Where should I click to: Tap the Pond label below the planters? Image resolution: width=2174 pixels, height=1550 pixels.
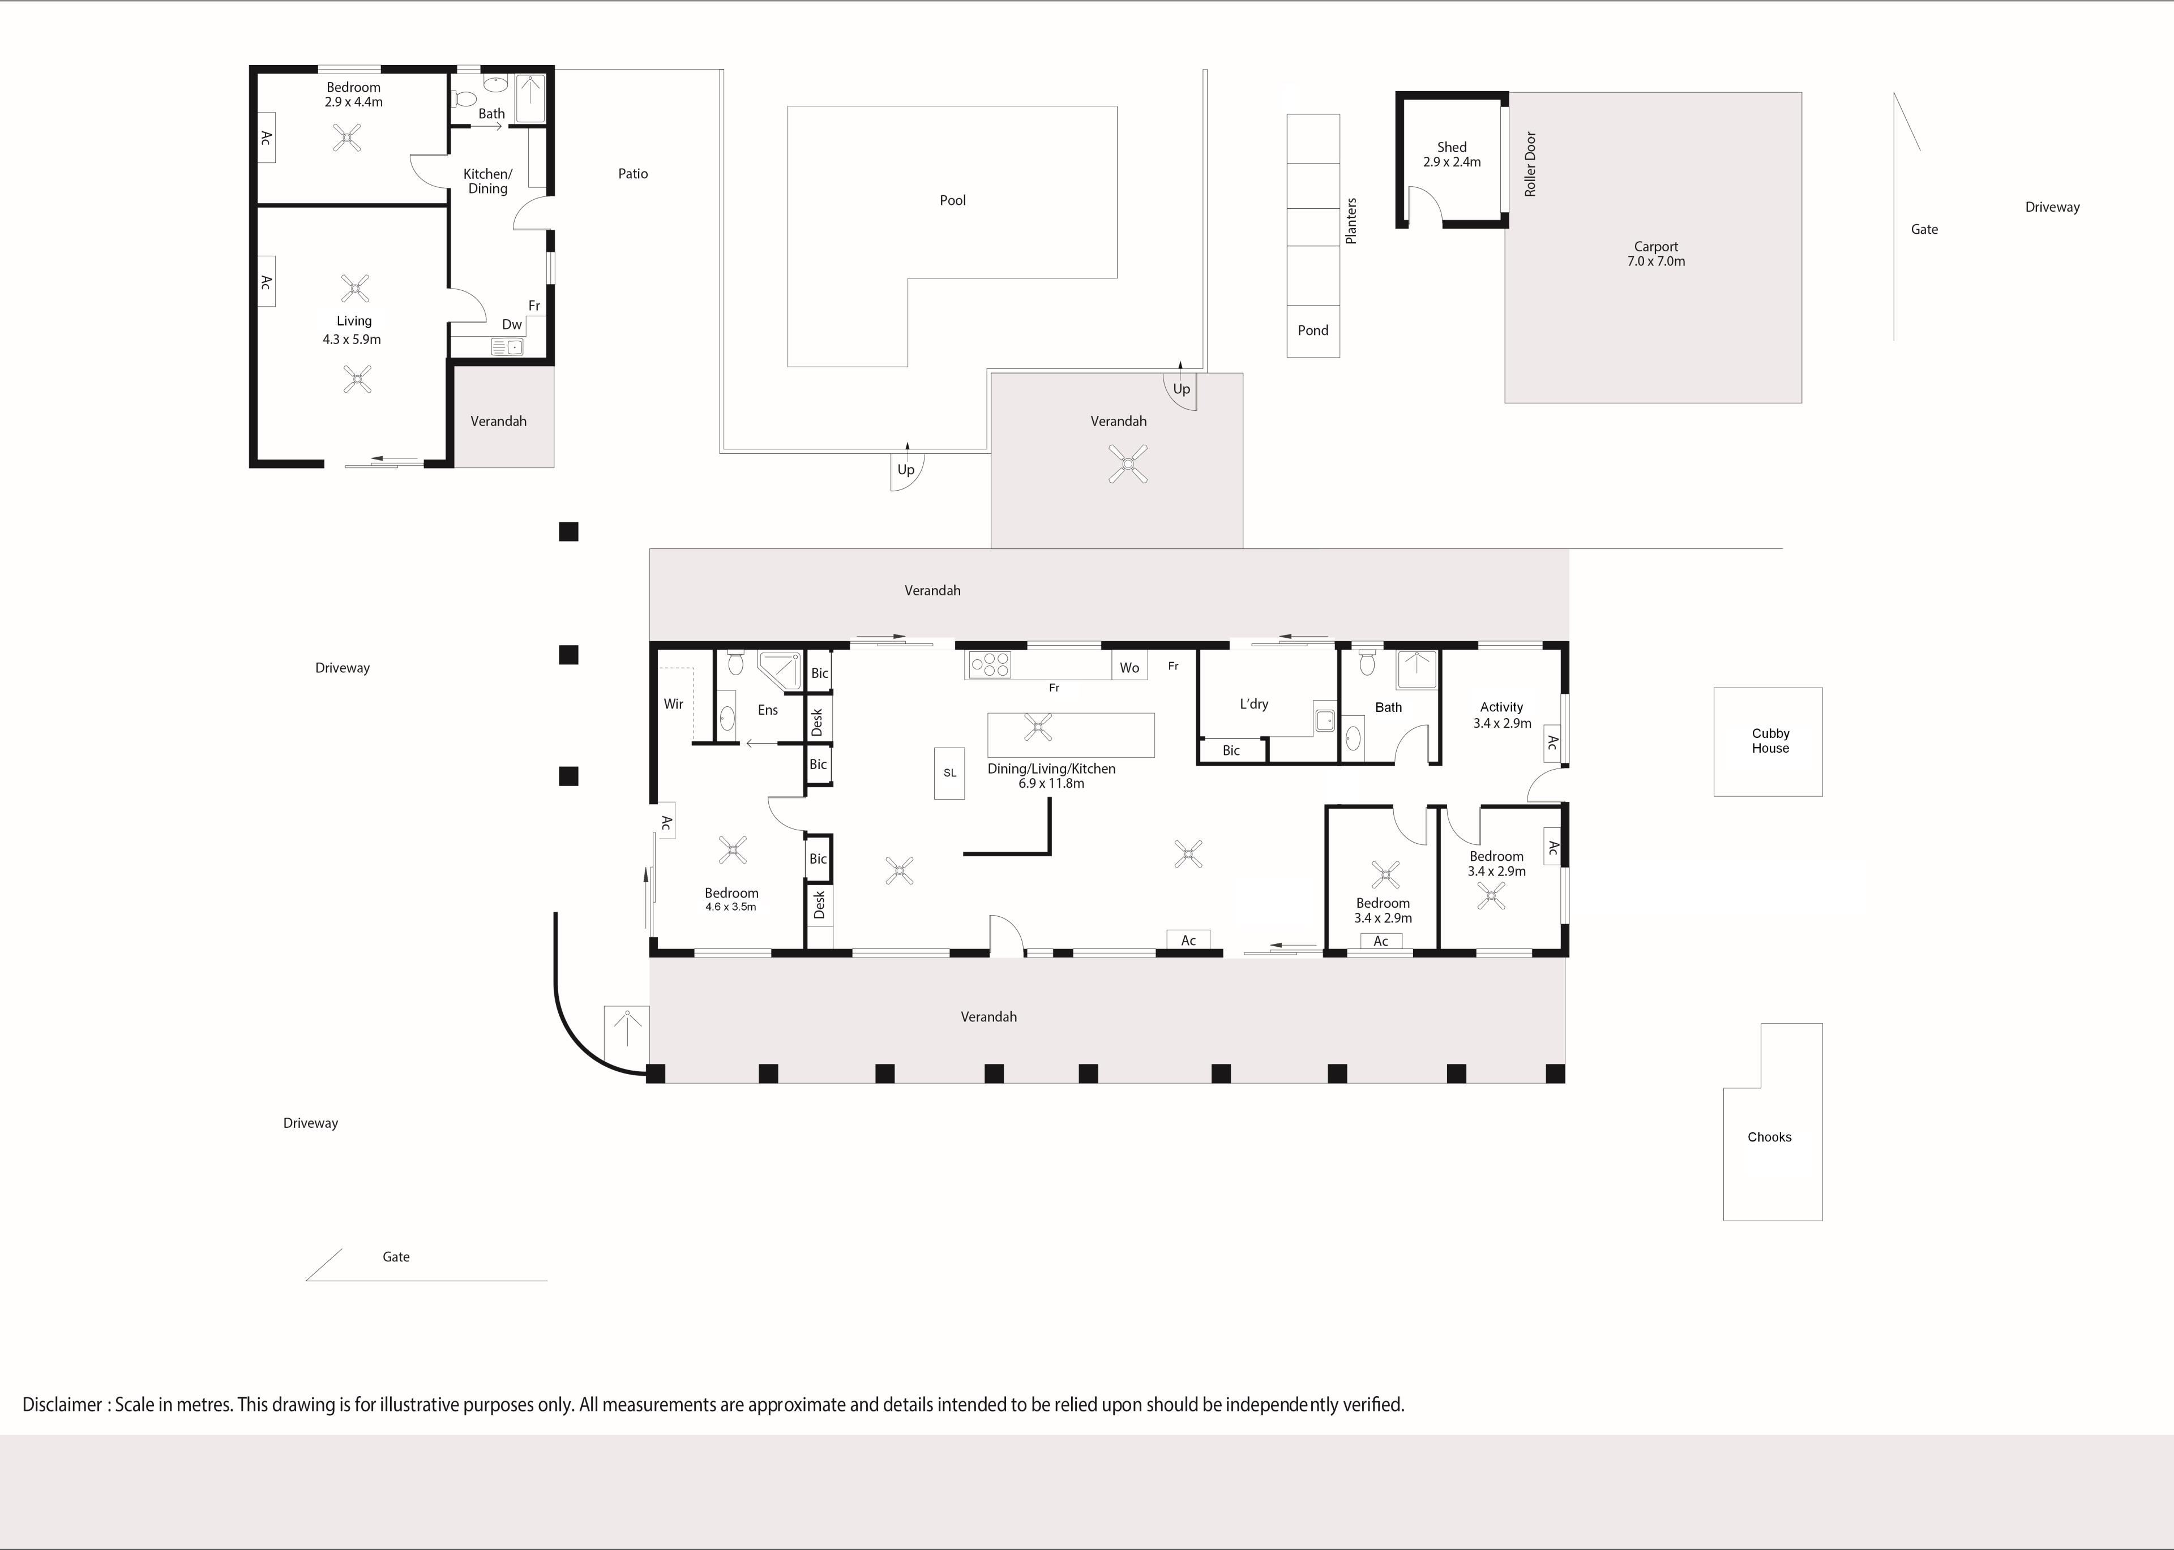(1313, 330)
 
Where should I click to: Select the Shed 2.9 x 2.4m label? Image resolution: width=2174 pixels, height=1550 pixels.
(1451, 154)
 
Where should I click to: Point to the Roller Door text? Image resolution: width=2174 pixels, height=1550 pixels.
(1530, 164)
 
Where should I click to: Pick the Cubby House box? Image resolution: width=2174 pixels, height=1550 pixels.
(1768, 741)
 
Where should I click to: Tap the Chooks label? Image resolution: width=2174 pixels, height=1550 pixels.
(1769, 1137)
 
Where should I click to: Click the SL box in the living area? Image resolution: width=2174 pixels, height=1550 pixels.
(949, 772)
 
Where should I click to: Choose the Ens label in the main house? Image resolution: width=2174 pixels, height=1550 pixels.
(768, 710)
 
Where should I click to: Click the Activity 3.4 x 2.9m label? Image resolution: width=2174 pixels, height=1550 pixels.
(1502, 715)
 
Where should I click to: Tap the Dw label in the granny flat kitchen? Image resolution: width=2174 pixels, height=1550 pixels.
(512, 324)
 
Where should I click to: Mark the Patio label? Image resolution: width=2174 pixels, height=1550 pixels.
(633, 174)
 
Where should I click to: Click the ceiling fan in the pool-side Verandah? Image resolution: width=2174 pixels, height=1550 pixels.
(1128, 465)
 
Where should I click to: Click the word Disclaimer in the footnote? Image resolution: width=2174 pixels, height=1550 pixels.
(62, 1405)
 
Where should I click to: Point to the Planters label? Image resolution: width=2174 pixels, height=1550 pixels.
(1351, 221)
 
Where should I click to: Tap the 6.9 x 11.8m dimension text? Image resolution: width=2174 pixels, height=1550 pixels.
(1051, 784)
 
